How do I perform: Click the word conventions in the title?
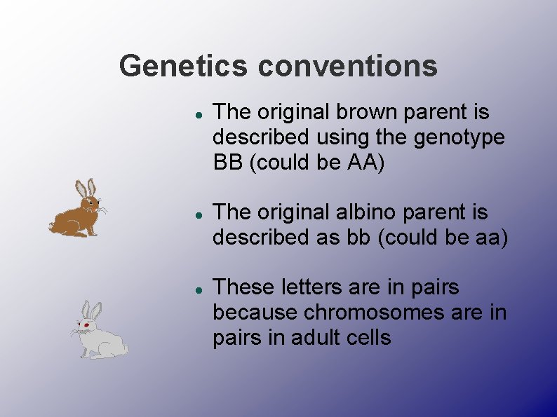[x=347, y=67]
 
